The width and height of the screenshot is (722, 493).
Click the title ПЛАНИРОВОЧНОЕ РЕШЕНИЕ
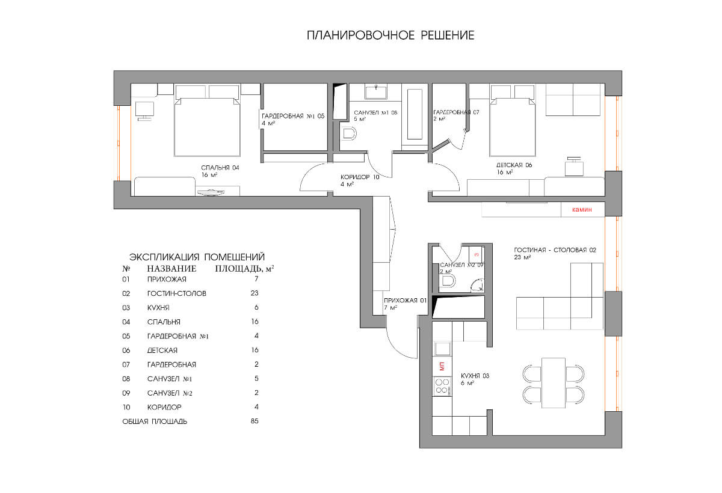point(390,35)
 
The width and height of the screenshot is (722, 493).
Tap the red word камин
point(582,210)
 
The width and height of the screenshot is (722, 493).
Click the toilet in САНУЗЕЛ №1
point(348,134)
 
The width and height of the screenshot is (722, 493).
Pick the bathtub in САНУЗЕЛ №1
point(415,114)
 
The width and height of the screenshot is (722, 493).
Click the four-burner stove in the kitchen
point(442,386)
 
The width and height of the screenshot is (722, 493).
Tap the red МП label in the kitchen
point(442,366)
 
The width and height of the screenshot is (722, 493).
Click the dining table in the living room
point(554,383)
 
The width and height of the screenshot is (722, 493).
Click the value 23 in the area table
point(255,293)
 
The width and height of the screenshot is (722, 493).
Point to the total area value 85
point(255,421)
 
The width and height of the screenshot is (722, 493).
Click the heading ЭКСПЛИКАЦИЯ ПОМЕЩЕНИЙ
point(197,257)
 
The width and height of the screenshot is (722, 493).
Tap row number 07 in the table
point(126,364)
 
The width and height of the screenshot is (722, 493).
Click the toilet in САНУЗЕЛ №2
point(448,281)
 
